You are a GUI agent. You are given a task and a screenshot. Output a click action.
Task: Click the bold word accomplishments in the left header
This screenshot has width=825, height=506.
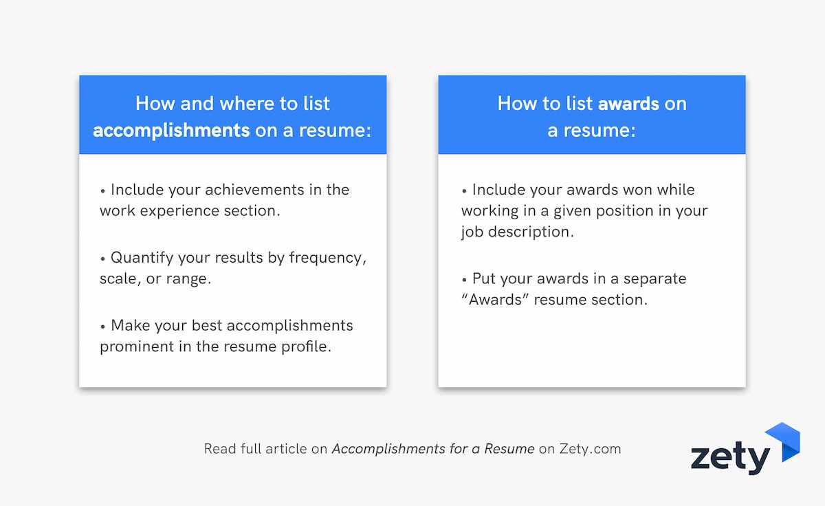171,131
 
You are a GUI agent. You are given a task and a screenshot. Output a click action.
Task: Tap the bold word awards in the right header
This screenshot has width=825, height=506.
628,104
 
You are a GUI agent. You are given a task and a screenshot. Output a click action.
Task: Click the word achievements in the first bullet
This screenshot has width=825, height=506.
254,190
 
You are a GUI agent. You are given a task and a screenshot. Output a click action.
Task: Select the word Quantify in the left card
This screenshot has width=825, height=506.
142,258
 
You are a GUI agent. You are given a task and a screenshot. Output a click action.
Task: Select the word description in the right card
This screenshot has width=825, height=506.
531,232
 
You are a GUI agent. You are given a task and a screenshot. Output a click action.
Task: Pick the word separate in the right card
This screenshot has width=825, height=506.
654,279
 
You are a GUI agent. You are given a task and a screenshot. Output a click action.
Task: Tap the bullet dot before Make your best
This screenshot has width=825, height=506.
102,327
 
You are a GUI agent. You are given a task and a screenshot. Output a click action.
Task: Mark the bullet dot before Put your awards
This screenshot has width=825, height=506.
464,280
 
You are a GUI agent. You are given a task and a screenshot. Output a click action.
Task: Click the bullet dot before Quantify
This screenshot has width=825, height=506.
102,258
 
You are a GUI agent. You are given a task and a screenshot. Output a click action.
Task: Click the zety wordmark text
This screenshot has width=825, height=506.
730,457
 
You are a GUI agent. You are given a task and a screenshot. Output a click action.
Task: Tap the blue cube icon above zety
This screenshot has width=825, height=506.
782,441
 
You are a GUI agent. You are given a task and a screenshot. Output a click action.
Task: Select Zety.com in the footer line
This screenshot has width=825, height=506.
590,449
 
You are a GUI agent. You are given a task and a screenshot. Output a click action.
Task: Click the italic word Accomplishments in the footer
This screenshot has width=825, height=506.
388,450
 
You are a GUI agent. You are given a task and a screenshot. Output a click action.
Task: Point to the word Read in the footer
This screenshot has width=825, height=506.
220,449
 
